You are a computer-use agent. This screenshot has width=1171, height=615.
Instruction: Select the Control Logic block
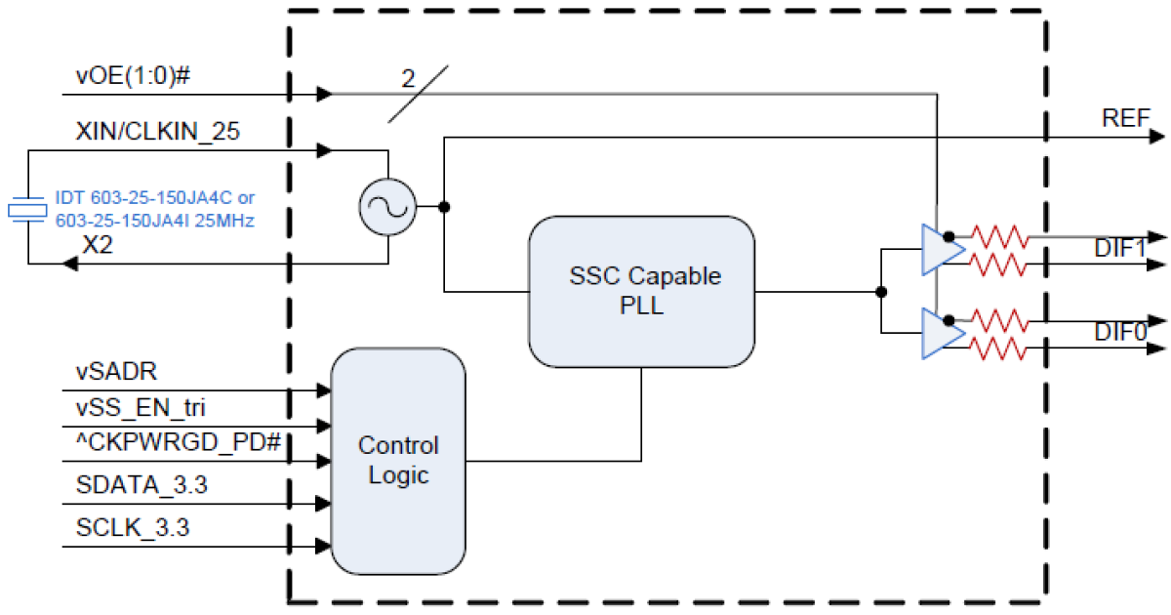(x=398, y=461)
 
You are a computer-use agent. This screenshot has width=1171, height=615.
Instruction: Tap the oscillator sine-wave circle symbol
(x=387, y=207)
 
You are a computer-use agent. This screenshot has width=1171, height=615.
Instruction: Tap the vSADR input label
(x=116, y=372)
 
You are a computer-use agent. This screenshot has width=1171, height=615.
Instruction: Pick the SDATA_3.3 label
(x=141, y=485)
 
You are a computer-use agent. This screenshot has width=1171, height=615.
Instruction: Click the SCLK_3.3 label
(x=133, y=529)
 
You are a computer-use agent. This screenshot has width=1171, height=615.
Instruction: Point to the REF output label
(x=1125, y=119)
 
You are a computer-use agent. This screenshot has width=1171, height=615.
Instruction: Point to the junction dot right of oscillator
(x=444, y=207)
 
